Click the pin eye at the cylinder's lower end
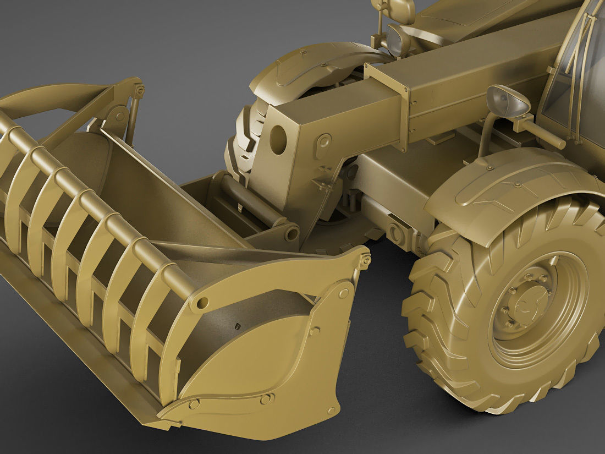point(291,233)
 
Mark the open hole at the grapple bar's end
point(202,302)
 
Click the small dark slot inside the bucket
point(237,326)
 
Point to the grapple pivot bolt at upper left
point(139,89)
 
